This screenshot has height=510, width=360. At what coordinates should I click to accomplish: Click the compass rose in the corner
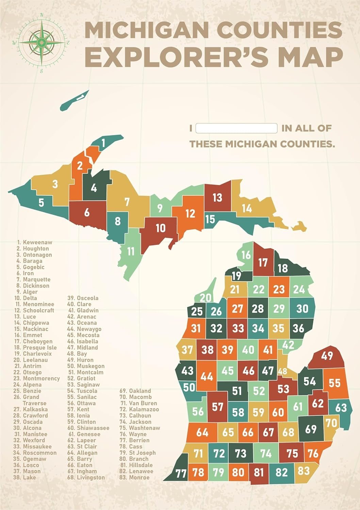coord(41,43)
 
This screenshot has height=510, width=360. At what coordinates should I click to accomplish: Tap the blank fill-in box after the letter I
coord(236,128)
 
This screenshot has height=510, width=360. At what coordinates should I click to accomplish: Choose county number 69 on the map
coord(311,429)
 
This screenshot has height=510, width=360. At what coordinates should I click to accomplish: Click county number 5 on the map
coord(41,203)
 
